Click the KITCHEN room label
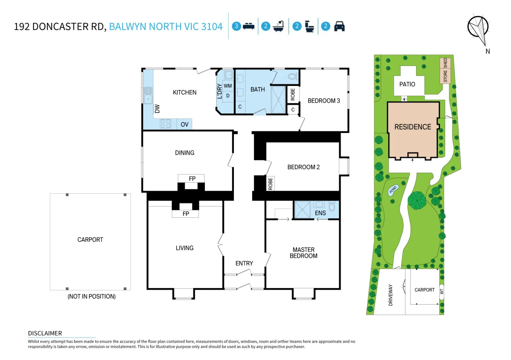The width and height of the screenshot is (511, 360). click(185, 92)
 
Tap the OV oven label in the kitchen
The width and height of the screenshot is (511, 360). click(185, 124)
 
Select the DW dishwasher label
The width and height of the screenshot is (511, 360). click(157, 109)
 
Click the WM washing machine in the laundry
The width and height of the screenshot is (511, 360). click(228, 86)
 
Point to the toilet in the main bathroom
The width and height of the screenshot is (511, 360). click(292, 77)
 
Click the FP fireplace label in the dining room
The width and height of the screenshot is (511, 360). click(192, 179)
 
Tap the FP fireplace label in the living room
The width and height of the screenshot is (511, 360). click(186, 214)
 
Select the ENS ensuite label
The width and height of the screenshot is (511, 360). click(320, 213)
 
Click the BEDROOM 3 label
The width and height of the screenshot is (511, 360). click(324, 101)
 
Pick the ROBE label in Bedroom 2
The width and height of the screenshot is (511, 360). click(270, 184)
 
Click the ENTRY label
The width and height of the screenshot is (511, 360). click(244, 263)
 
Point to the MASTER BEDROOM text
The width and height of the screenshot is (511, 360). click(303, 253)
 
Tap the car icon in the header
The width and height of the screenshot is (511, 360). click(339, 26)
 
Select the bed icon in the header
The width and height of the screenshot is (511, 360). click(249, 26)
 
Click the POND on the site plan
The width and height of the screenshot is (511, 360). click(393, 190)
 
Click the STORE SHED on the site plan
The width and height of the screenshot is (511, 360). click(445, 70)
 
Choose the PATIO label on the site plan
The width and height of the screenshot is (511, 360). click(407, 84)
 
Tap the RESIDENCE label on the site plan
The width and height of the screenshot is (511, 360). click(413, 127)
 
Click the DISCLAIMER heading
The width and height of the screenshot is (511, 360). click(45, 333)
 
